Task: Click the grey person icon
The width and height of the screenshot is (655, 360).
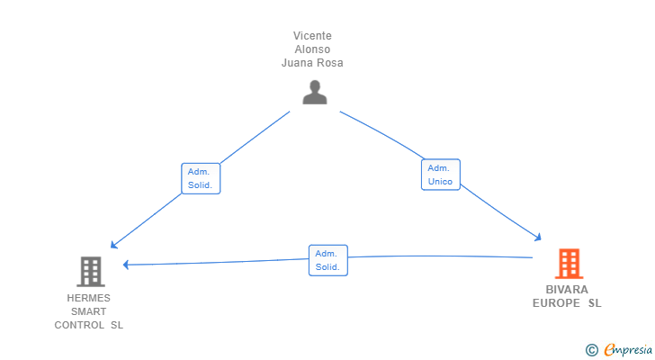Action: [315, 92]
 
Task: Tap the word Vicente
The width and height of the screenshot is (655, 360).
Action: [312, 36]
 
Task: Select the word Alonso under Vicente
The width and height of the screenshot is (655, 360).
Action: [312, 49]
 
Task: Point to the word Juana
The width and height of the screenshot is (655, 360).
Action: [295, 63]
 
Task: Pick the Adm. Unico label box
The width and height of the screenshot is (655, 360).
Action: [440, 175]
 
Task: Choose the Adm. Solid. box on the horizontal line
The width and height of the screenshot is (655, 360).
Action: [327, 260]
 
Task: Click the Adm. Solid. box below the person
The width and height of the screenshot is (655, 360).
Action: [201, 178]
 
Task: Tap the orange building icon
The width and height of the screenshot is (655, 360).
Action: [569, 264]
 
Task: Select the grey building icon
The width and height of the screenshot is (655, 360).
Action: [91, 272]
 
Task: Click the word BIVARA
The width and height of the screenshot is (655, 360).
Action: [567, 290]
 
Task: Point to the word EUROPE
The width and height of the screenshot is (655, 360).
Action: [556, 303]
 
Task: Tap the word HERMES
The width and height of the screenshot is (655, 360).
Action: [88, 298]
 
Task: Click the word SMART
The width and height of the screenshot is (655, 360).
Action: [88, 311]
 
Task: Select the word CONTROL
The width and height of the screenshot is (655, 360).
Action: [79, 325]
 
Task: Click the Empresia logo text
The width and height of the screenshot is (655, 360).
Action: [628, 350]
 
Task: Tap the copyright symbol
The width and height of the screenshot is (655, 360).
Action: [591, 350]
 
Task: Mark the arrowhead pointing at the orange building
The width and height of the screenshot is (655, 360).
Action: [538, 238]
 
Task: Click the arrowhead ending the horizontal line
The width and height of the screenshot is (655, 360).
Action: [126, 265]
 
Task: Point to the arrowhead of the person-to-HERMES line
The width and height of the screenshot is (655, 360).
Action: [113, 245]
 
